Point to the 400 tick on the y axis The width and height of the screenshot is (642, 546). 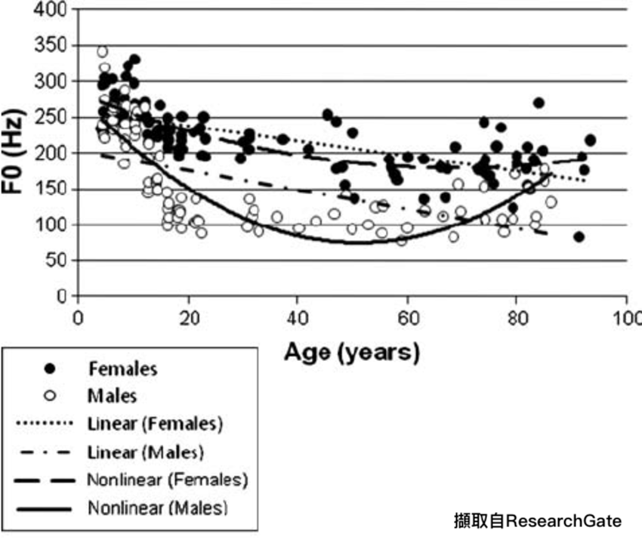[x=57, y=10]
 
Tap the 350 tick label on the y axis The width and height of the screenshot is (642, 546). [x=57, y=46]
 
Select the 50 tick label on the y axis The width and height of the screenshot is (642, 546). [x=60, y=261]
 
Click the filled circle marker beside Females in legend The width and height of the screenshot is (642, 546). [x=51, y=369]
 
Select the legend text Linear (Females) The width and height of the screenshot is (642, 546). [x=155, y=424]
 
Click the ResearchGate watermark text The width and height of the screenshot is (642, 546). [x=537, y=521]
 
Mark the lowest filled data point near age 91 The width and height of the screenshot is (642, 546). [x=579, y=236]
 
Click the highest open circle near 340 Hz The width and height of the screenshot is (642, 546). [x=103, y=52]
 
